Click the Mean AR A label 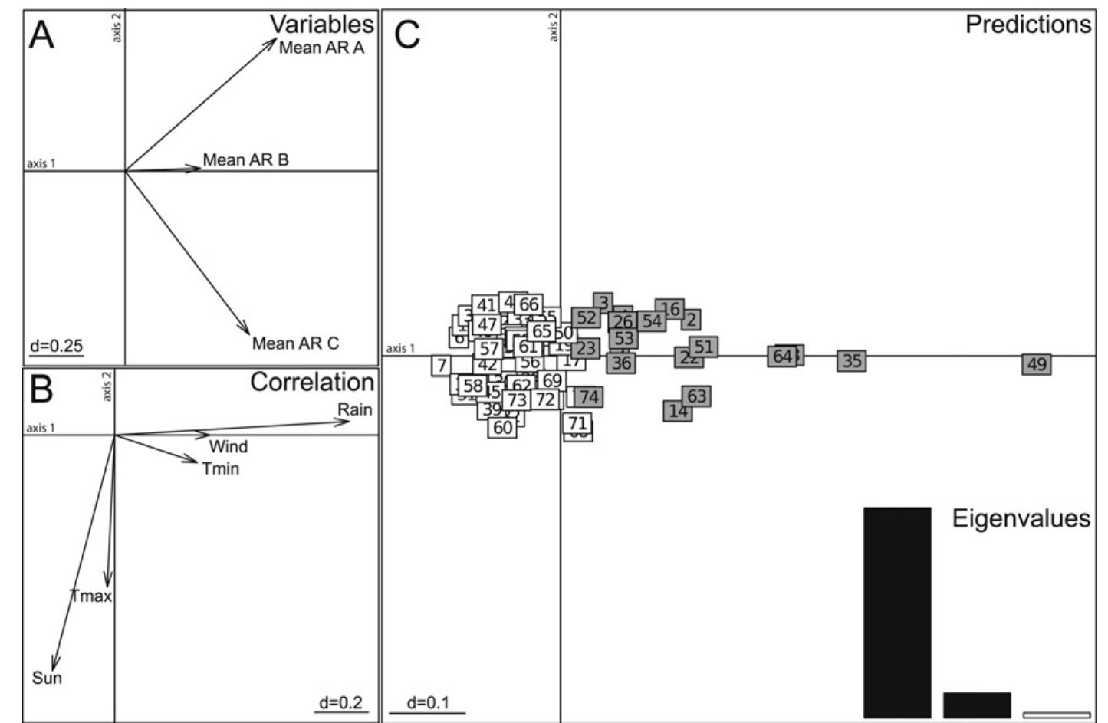pos(321,48)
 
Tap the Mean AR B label pos(245,160)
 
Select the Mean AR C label pos(295,343)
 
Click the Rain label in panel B pos(355,409)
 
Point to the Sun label pos(47,678)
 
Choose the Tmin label pos(221,468)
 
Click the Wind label pos(229,447)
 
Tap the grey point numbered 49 pos(1036,364)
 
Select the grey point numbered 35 pos(852,361)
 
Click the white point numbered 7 pos(441,366)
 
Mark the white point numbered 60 pos(502,428)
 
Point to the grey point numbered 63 pos(696,396)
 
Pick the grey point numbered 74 pos(589,396)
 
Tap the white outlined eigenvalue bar pos(1056,715)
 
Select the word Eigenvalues pos(1021,518)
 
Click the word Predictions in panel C pos(1027,25)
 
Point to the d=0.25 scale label pos(56,346)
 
